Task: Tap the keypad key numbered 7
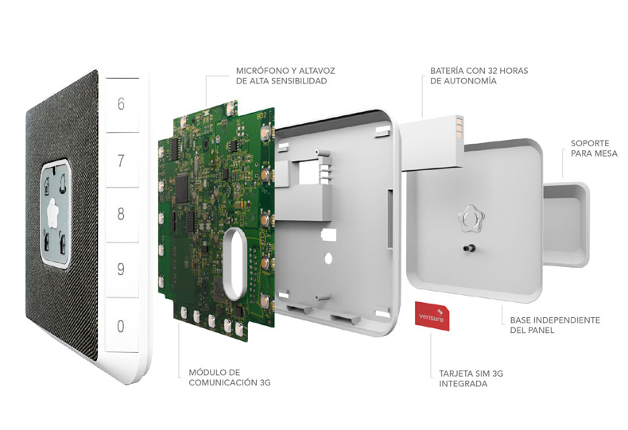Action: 121,161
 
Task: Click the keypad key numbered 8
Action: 121,214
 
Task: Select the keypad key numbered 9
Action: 121,269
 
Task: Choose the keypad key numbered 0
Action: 121,325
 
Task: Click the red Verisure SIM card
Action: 433,318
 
